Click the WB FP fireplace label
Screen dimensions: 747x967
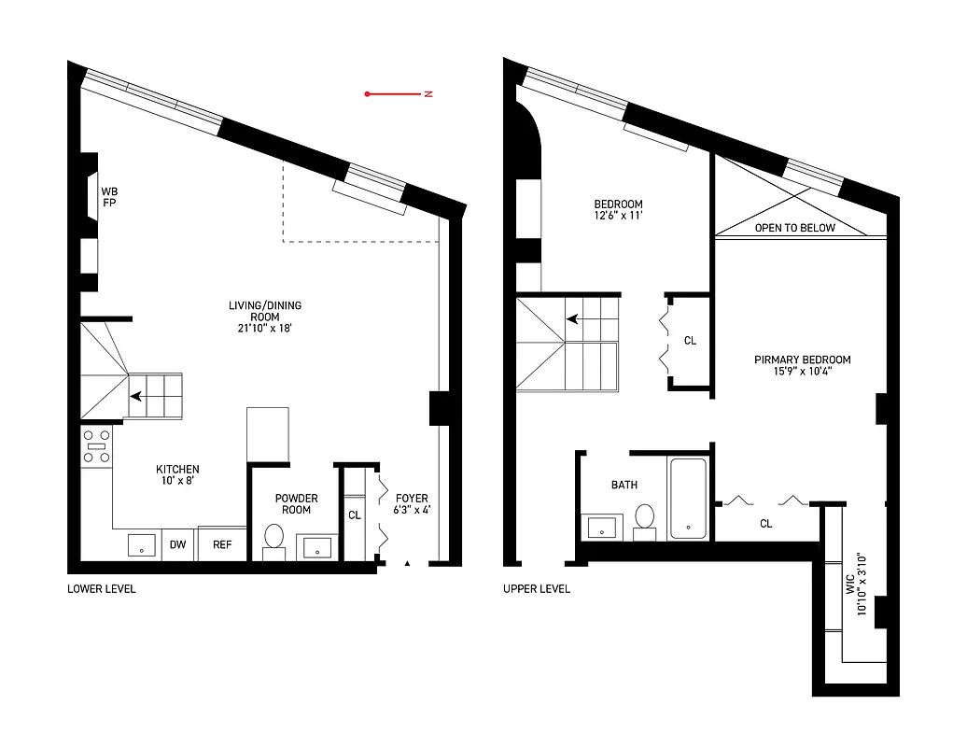pyautogui.click(x=109, y=196)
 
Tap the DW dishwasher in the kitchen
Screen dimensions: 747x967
pyautogui.click(x=177, y=544)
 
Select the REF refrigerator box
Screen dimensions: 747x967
pyautogui.click(x=222, y=544)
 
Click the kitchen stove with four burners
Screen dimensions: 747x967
pyautogui.click(x=96, y=447)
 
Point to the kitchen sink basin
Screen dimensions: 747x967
pyautogui.click(x=142, y=545)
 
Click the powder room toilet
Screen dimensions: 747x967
pyautogui.click(x=274, y=538)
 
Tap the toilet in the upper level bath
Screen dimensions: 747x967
pyautogui.click(x=645, y=518)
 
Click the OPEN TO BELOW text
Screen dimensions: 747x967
pyautogui.click(x=795, y=228)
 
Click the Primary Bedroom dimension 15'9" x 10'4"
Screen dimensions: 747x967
pyautogui.click(x=802, y=372)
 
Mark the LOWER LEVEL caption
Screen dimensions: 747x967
pyautogui.click(x=101, y=589)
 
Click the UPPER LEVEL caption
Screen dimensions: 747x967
pyautogui.click(x=536, y=589)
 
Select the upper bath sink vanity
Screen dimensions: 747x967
pyautogui.click(x=604, y=526)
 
